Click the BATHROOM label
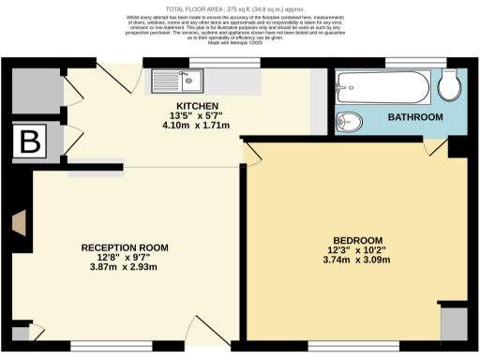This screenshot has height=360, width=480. point(415,117)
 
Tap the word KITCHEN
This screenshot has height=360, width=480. point(196,106)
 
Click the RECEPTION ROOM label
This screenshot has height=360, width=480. point(124,247)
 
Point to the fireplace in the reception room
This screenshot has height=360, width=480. point(19,223)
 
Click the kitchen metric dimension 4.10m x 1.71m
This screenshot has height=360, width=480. point(196,125)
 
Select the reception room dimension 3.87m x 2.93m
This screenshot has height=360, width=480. point(124,266)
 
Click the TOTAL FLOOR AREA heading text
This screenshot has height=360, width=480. point(240,7)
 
